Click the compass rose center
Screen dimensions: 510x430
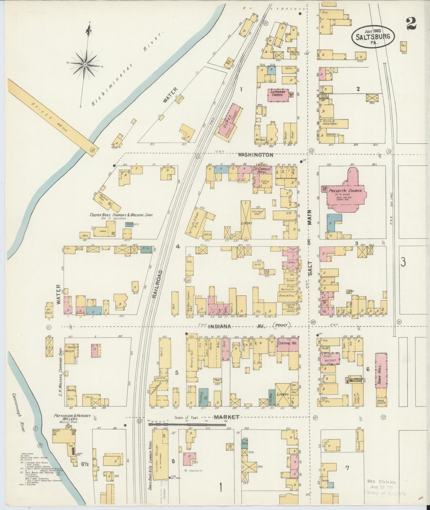click(x=85, y=64)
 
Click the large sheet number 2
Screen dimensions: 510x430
click(x=412, y=23)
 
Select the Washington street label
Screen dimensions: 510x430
click(x=255, y=155)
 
